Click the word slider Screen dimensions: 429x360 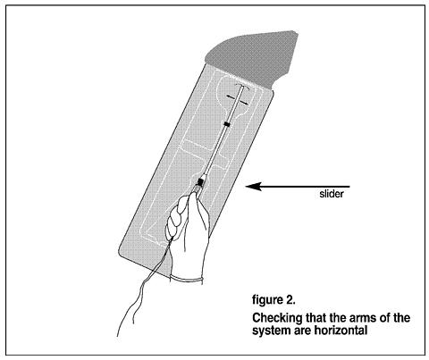click(332, 194)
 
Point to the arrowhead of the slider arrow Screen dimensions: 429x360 click(253, 187)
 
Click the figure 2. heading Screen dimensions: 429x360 click(273, 299)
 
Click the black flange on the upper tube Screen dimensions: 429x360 click(227, 124)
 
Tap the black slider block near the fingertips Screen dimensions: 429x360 click(200, 181)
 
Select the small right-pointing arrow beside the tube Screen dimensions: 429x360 click(244, 103)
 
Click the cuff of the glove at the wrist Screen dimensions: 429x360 click(187, 279)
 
